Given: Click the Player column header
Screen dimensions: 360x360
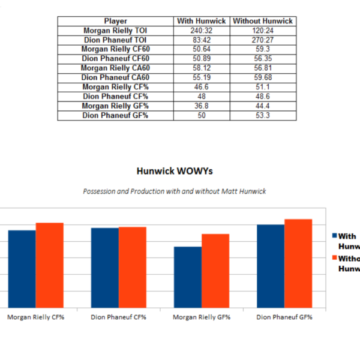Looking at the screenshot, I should pos(116,21).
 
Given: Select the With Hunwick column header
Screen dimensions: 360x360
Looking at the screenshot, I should pos(202,21).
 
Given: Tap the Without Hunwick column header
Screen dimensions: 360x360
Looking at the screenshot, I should pos(263,21).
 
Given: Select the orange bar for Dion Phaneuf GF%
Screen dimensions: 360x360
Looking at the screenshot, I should pos(298,263).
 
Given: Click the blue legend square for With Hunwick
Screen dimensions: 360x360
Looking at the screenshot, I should pos(334,236).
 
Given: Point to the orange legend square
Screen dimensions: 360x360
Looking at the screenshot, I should pos(334,259).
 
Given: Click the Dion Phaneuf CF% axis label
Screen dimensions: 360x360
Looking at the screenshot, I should pos(119,317).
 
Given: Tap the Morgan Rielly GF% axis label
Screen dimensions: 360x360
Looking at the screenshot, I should pos(201,317).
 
